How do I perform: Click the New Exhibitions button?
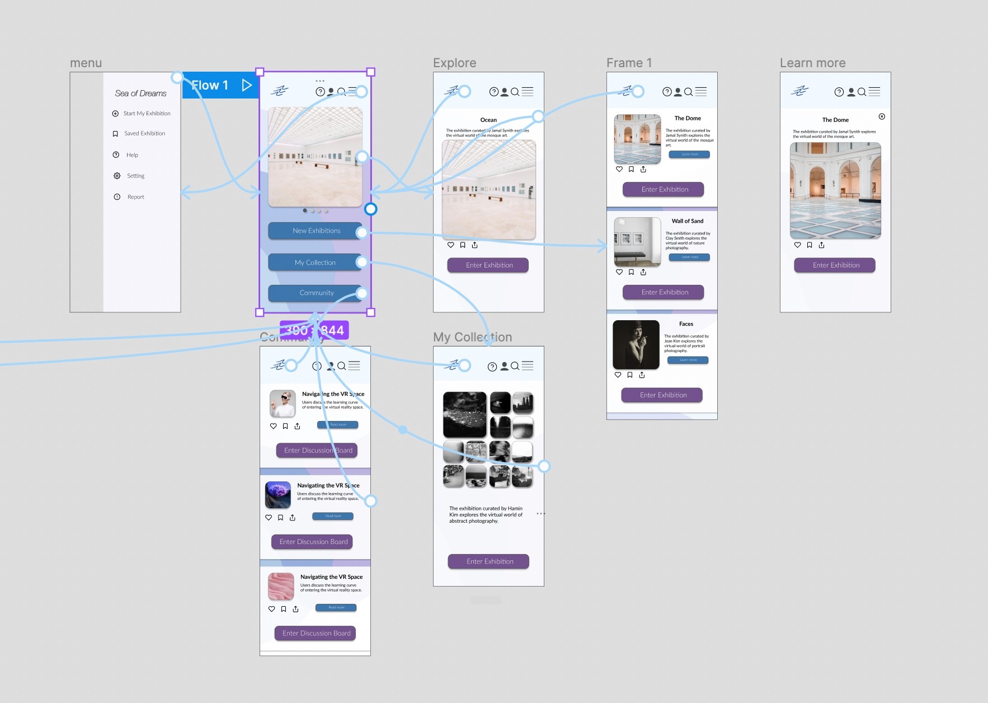pyautogui.click(x=316, y=231)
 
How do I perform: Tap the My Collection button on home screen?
pyautogui.click(x=315, y=263)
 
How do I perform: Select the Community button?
pyautogui.click(x=316, y=293)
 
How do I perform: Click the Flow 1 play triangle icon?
pyautogui.click(x=247, y=85)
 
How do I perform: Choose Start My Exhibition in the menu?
pyautogui.click(x=147, y=114)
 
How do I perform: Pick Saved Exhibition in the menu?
pyautogui.click(x=144, y=134)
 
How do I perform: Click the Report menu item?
pyautogui.click(x=135, y=197)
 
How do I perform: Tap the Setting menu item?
pyautogui.click(x=135, y=176)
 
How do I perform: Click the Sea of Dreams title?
pyautogui.click(x=141, y=93)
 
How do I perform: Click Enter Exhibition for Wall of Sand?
pyautogui.click(x=664, y=292)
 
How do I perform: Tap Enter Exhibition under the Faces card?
pyautogui.click(x=663, y=395)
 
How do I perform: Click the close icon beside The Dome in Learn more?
pyautogui.click(x=882, y=116)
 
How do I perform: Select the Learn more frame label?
pyautogui.click(x=812, y=63)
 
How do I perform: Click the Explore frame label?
pyautogui.click(x=454, y=63)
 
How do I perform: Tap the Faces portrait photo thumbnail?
pyautogui.click(x=636, y=344)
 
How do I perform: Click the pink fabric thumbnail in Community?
pyautogui.click(x=281, y=586)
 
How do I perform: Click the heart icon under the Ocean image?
pyautogui.click(x=451, y=245)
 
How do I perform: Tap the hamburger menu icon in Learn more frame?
pyautogui.click(x=874, y=92)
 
